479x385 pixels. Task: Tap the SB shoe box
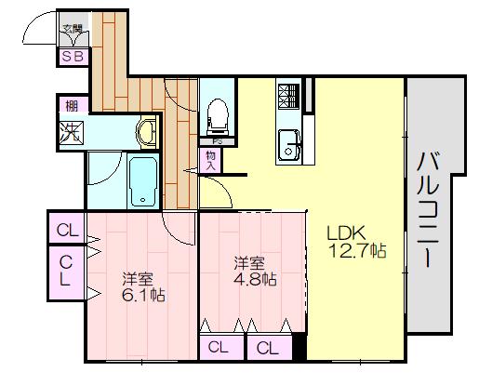tap(72, 56)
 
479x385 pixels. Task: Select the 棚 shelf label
tap(70, 105)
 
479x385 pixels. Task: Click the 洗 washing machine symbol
tap(71, 132)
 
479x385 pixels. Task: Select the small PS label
tap(217, 142)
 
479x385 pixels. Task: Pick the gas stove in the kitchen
tap(287, 94)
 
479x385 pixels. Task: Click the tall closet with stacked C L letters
tap(67, 272)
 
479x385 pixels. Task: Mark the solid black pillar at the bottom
tap(299, 348)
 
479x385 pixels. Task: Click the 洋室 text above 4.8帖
tap(248, 260)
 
